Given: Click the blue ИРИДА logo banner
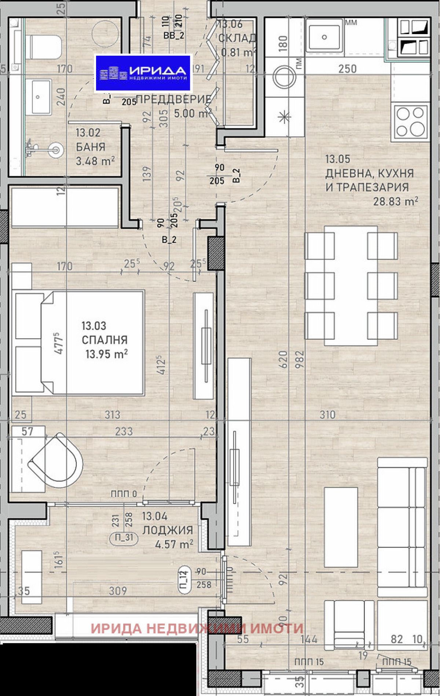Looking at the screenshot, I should tap(143, 73).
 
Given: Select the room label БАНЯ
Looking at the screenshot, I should tap(91, 147).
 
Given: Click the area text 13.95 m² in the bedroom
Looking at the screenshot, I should tap(106, 354).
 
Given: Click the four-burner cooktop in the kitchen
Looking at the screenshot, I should tap(411, 121).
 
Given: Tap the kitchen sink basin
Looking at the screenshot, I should tap(324, 37).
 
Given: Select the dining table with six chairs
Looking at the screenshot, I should tap(351, 286).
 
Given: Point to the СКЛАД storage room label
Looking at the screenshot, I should tap(237, 38).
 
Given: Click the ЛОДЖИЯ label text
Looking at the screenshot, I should tap(168, 530).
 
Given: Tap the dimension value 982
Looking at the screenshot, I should tap(300, 359).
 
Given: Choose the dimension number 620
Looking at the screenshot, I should tap(283, 359).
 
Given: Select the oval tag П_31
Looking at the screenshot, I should tap(124, 538).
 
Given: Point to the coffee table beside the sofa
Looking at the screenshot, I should tap(341, 527).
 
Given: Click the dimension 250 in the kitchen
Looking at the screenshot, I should tap(347, 69).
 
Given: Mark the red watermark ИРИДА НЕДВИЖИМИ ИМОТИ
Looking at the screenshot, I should tap(197, 629).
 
